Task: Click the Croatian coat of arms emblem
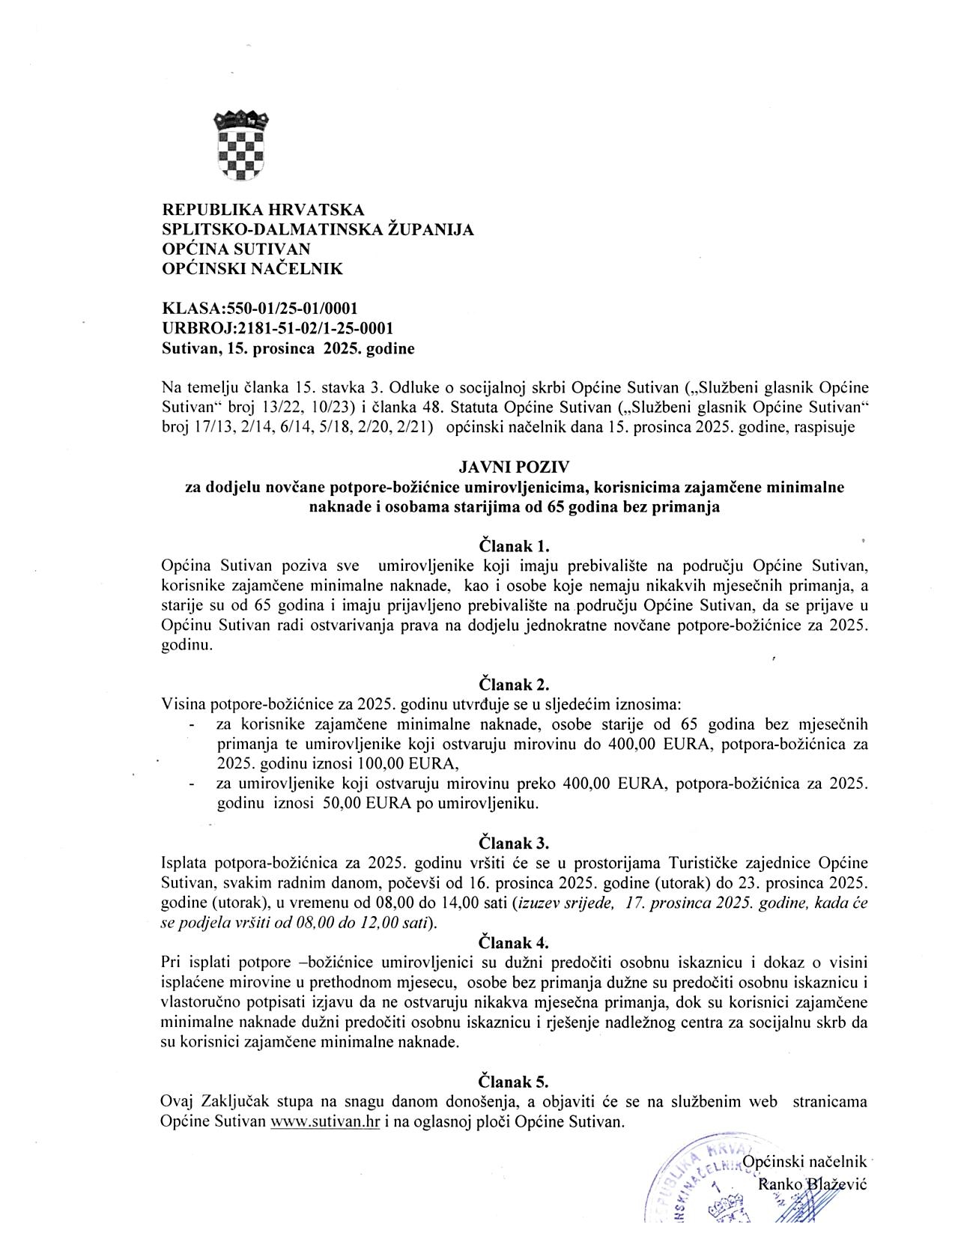pos(241,145)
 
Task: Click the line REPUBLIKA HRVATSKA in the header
pos(263,210)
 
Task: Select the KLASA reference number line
pos(260,309)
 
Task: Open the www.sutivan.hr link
pos(326,1122)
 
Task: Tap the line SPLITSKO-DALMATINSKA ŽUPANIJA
pos(318,229)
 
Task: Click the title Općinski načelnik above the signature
pos(804,1162)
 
